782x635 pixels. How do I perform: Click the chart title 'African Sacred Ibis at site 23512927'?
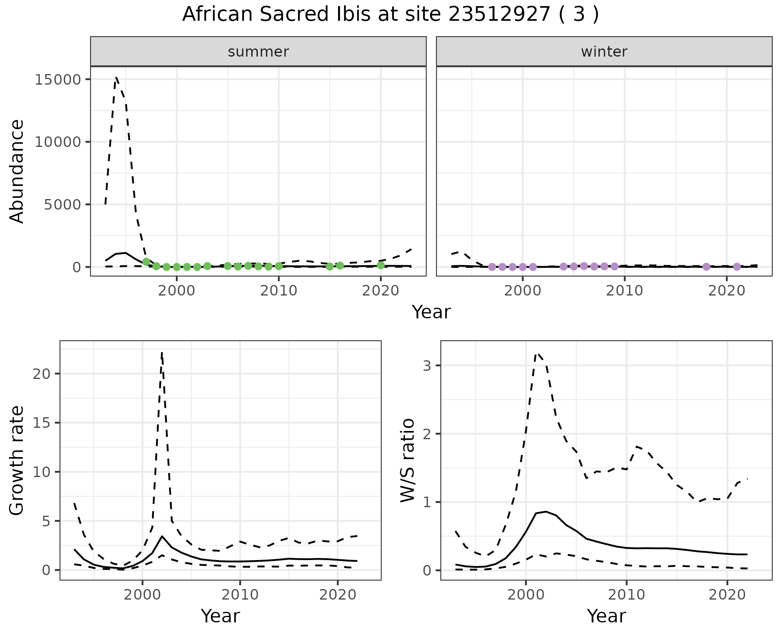[390, 15]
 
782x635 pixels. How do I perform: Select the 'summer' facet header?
[258, 52]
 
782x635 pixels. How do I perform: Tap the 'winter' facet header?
[604, 52]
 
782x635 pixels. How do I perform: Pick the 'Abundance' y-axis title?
[17, 171]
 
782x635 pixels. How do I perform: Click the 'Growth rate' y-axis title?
[17, 460]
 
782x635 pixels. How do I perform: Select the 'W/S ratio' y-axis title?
[407, 460]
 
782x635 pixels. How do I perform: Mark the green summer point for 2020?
[381, 265]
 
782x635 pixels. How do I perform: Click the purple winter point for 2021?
[737, 267]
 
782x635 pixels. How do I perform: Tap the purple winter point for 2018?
[706, 267]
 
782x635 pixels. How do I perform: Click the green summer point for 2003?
[207, 266]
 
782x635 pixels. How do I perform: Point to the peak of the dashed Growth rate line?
[162, 353]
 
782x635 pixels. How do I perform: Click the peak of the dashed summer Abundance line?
[116, 77]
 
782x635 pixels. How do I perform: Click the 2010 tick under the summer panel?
[279, 291]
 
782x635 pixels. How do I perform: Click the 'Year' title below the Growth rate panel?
[220, 616]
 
